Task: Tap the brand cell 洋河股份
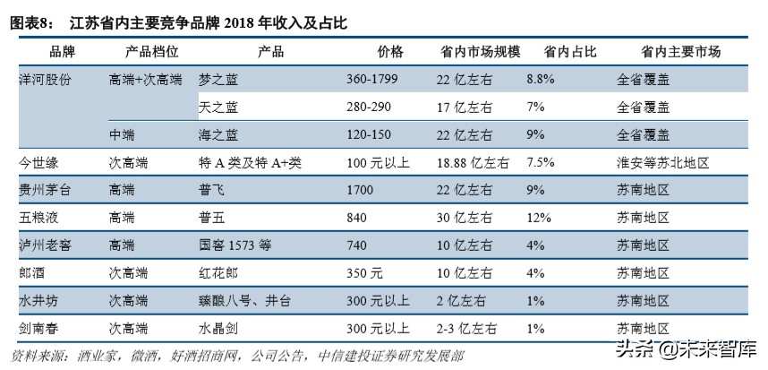[x=46, y=80]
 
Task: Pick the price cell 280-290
[x=369, y=108]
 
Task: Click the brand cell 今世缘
[x=38, y=163]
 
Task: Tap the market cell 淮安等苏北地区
[x=662, y=163]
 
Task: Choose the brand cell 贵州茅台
[x=46, y=190]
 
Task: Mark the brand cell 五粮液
[x=38, y=217]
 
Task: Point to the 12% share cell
[x=541, y=217]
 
